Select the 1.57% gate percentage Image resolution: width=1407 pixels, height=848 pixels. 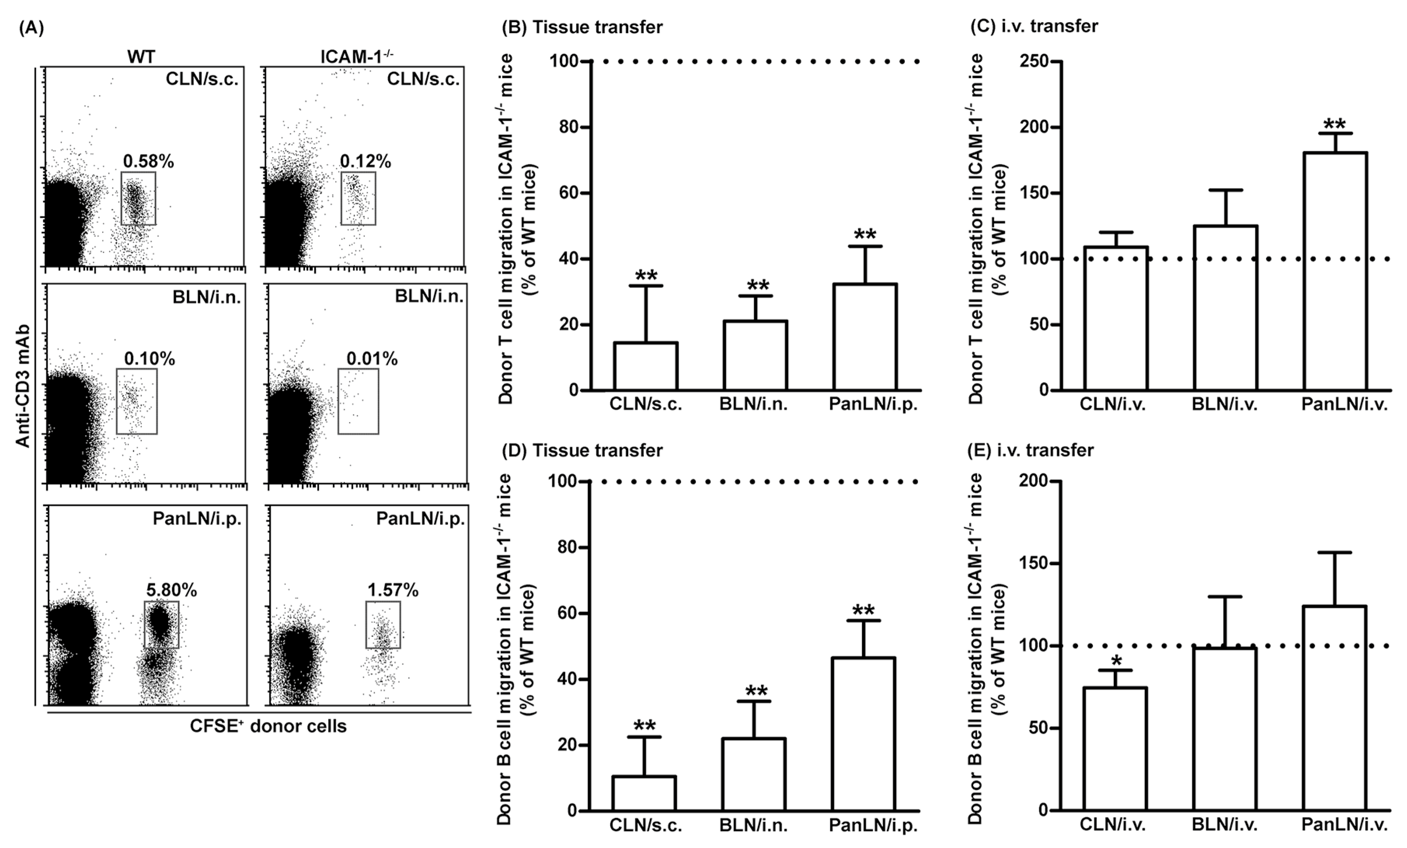[x=392, y=590]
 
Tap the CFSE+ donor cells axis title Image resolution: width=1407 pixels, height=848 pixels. [x=268, y=726]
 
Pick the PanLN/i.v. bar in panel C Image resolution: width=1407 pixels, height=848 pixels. [x=1335, y=271]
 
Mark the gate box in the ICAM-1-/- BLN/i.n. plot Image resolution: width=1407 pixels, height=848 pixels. [x=358, y=401]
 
